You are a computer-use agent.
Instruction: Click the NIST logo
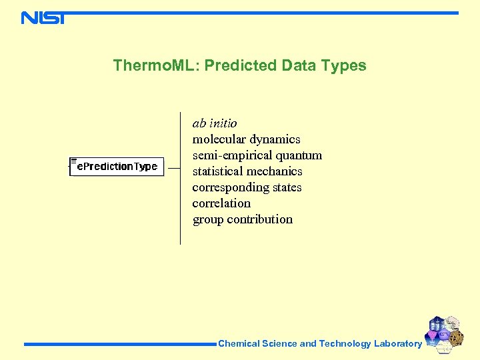click(x=43, y=18)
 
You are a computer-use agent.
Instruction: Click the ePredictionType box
click(x=117, y=166)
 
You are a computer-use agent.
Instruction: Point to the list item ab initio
click(x=215, y=123)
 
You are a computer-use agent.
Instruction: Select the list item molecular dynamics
click(x=246, y=139)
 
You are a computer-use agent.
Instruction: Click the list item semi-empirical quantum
click(x=257, y=155)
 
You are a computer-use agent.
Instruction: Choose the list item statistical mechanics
click(x=247, y=171)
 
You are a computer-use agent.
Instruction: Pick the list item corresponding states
click(x=247, y=187)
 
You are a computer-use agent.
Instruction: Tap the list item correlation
click(x=221, y=203)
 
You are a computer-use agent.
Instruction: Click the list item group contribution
click(x=242, y=219)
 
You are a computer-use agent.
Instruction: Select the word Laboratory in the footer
click(x=398, y=344)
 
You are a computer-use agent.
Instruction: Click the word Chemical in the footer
click(x=239, y=344)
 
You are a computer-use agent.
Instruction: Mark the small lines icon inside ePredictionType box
click(x=73, y=161)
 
